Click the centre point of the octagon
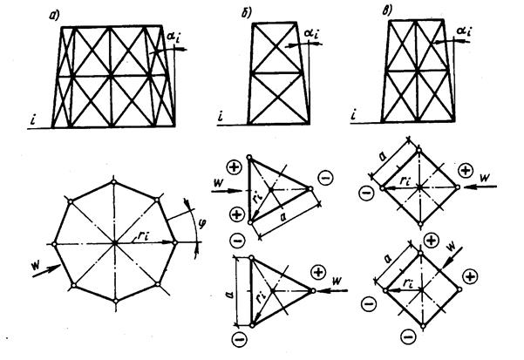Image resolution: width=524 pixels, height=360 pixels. point(114,241)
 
